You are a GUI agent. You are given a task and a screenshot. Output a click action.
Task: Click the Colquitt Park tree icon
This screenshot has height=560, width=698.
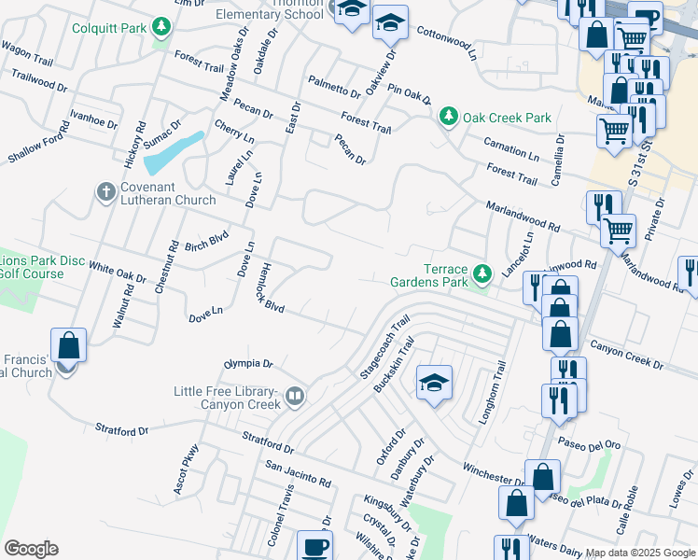pos(163,28)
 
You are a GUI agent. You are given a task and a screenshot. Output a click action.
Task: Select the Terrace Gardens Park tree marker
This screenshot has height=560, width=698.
pos(482,273)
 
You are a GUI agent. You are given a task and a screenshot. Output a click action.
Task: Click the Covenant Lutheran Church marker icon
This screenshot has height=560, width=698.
pos(105,192)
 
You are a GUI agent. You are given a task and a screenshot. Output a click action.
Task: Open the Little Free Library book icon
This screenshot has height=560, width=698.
pos(295,397)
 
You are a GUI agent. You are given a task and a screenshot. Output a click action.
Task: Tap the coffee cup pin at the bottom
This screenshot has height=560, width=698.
pos(314,547)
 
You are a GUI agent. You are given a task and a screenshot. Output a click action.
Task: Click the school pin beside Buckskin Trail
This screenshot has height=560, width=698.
pos(434,383)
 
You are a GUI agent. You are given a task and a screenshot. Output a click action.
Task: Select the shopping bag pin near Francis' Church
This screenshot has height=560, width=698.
pos(69,345)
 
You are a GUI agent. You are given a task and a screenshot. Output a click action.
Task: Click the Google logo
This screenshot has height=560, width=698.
pos(31,549)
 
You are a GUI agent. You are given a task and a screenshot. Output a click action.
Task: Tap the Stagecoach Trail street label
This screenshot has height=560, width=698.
pos(384,346)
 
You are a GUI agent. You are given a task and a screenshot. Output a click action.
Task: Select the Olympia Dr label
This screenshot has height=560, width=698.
pos(248,363)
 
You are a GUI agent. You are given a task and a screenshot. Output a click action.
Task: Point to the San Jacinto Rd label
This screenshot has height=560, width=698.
pos(299,474)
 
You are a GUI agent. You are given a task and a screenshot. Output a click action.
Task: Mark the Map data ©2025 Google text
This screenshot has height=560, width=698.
pos(640,552)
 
